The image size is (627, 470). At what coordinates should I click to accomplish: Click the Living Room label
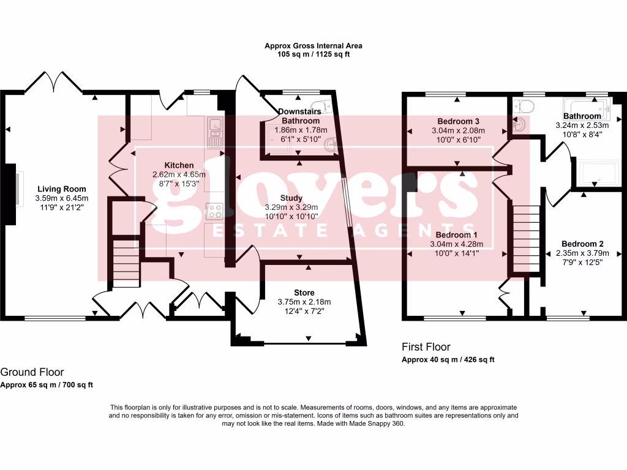61,189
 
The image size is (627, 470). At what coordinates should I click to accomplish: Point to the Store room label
304,293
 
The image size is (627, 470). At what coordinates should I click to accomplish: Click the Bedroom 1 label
454,235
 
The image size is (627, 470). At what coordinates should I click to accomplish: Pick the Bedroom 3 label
458,121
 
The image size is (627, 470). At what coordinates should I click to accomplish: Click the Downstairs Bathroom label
300,116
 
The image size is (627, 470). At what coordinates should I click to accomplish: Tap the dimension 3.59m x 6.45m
61,198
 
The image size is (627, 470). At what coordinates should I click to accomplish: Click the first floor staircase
526,239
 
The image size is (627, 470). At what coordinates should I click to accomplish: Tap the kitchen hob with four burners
216,211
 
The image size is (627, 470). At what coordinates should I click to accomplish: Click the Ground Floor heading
32,372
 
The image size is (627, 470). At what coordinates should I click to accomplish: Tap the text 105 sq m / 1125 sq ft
313,54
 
